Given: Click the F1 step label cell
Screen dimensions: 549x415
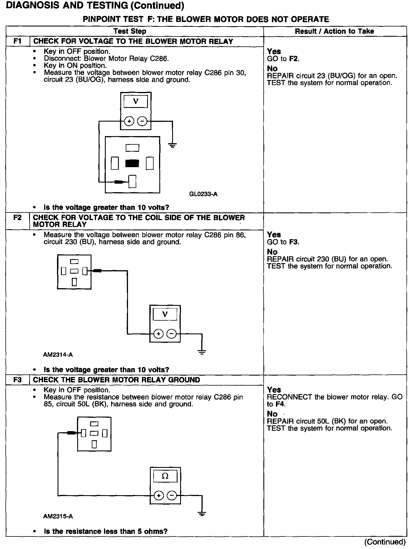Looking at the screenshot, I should [x=18, y=41].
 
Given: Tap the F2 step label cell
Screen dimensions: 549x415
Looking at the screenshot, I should [x=18, y=218].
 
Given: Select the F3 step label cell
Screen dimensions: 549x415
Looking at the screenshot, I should [x=18, y=380].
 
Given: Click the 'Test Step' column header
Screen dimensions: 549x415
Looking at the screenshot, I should [x=130, y=31].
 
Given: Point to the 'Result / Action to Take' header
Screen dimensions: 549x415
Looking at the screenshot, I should [x=334, y=31].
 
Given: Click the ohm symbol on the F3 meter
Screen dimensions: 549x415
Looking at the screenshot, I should [x=165, y=476].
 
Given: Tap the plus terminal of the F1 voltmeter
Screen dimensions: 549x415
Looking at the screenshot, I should [x=129, y=122].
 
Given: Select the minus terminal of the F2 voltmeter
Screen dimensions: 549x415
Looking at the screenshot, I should [x=172, y=333].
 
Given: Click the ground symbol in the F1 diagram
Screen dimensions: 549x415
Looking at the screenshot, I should [x=172, y=145].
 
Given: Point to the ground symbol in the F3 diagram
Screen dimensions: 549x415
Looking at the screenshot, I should [x=202, y=514].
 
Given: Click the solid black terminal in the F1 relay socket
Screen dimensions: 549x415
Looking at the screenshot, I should [x=132, y=163].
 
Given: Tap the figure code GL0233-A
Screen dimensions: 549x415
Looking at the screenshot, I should [x=203, y=194].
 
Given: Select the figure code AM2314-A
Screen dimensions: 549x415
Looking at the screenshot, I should [x=58, y=355].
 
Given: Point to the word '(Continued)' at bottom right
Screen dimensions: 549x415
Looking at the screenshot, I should [x=385, y=542].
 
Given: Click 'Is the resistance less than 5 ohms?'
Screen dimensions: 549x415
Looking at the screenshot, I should [x=105, y=531].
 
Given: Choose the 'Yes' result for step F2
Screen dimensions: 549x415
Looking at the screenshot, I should [x=274, y=235].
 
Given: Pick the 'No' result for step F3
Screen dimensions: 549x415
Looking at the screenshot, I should [x=272, y=414].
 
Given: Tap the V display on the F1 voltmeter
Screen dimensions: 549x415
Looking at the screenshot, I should [x=136, y=101].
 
